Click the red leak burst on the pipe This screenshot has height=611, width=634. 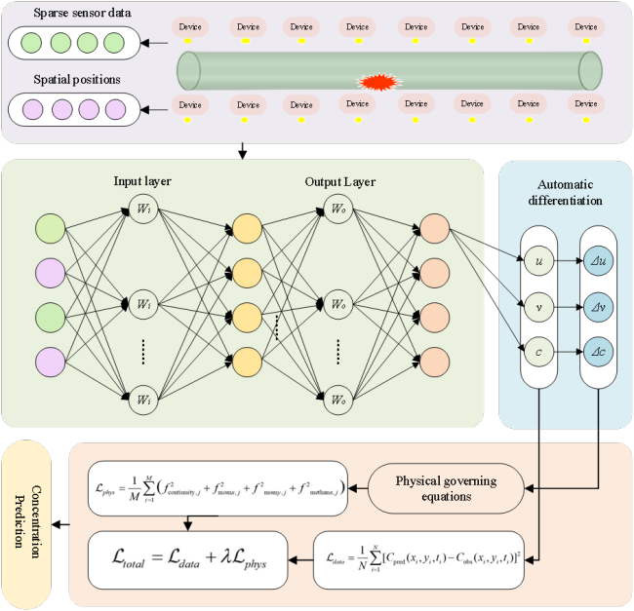[x=376, y=83]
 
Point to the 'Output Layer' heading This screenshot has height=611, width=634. [x=339, y=182]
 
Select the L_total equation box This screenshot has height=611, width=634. [x=188, y=558]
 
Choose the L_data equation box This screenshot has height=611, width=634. [x=421, y=558]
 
